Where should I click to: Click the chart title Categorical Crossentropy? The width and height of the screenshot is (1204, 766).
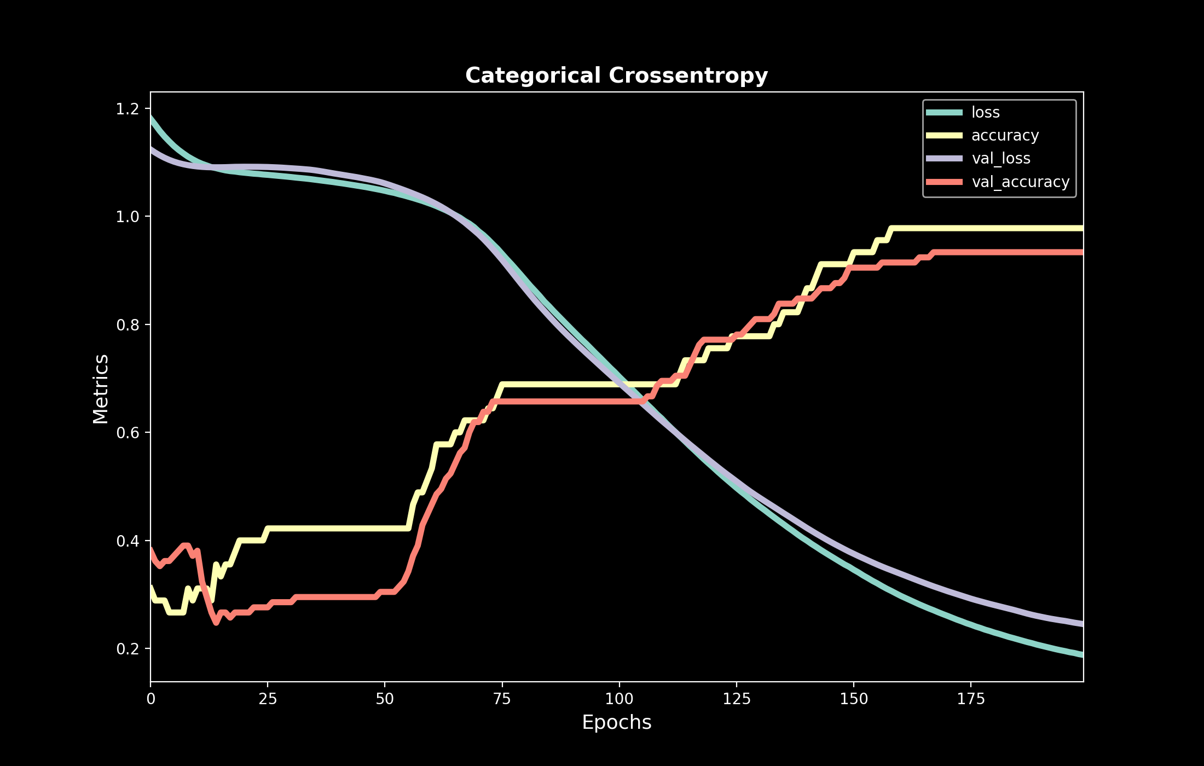click(616, 76)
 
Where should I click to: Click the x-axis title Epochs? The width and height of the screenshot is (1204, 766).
click(616, 722)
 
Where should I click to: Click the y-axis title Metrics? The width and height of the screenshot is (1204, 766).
click(101, 388)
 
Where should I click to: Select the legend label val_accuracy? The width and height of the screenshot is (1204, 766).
click(1020, 182)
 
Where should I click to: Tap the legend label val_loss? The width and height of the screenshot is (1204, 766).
click(1000, 159)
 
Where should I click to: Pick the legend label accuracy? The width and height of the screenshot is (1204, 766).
click(1005, 135)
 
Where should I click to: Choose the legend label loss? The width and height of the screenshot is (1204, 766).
click(985, 112)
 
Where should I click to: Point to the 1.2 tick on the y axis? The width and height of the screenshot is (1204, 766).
click(127, 109)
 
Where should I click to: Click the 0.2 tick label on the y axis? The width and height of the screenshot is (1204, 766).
click(127, 649)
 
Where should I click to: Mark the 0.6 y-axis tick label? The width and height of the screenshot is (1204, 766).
click(127, 433)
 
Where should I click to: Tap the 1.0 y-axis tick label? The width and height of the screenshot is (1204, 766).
click(127, 217)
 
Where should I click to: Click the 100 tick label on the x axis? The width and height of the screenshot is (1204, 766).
click(619, 699)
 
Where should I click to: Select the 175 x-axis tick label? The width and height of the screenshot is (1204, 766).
click(970, 699)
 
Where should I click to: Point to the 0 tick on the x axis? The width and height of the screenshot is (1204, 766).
click(150, 699)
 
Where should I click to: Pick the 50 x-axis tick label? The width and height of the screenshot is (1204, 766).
click(385, 699)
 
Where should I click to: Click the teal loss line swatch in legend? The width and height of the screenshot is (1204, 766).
click(944, 112)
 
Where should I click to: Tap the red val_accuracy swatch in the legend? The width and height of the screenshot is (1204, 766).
click(944, 182)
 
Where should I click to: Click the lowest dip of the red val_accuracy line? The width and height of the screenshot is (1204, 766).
click(216, 622)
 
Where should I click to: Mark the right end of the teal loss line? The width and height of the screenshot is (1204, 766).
click(1083, 655)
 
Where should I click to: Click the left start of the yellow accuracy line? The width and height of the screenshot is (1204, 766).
click(151, 587)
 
